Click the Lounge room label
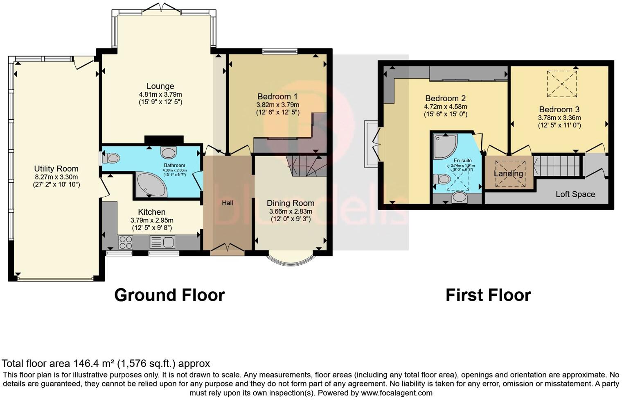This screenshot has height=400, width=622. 160,86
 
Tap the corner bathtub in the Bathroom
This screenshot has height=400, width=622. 150,186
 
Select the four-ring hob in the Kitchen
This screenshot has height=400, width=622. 126,242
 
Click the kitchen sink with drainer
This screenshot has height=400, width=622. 162,242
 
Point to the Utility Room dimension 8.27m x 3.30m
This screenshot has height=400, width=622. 56,177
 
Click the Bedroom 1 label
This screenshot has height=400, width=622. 277,97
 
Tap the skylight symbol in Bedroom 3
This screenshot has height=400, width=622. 562,84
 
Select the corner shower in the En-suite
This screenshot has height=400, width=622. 444,146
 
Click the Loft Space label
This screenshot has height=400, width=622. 575,194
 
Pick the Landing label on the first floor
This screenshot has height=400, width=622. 508,173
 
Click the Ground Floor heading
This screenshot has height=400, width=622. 169,295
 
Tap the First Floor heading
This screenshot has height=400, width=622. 488,295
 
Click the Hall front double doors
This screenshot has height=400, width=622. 227,248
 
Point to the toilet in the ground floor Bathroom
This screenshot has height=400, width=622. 112,158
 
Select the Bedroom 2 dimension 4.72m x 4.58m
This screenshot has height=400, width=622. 445,107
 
